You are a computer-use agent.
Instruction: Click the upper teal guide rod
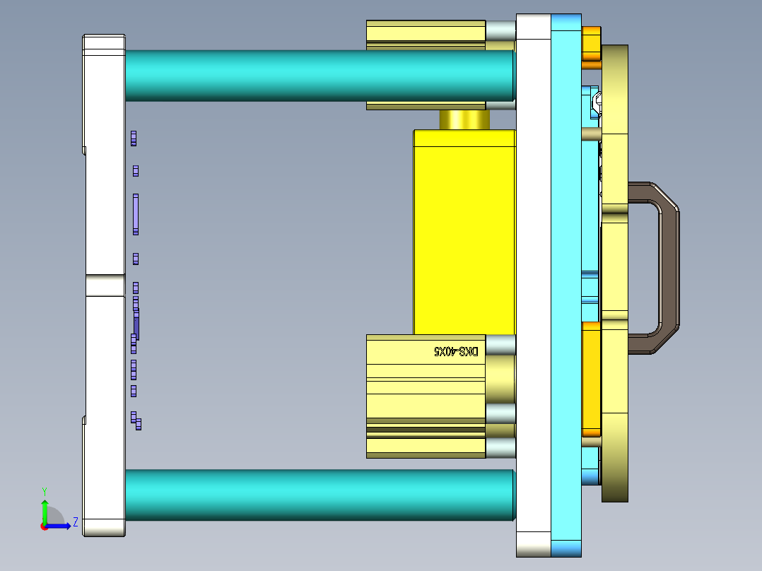point(318,76)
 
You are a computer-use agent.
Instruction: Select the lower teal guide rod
point(318,495)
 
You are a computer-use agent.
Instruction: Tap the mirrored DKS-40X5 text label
point(456,351)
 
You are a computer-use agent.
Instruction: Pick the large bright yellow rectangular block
point(464,233)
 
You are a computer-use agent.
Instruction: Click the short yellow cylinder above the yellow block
point(464,119)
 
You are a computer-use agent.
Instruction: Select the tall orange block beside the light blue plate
point(591,378)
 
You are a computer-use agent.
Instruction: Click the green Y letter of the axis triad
point(44,490)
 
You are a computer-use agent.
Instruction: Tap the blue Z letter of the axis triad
point(75,523)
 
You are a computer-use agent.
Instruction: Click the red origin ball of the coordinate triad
point(44,526)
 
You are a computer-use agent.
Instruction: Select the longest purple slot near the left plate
point(136,214)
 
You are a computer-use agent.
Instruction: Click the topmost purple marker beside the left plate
point(134,138)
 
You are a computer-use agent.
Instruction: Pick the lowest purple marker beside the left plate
point(138,424)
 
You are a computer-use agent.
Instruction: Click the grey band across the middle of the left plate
point(105,285)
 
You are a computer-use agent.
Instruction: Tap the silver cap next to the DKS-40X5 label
point(500,346)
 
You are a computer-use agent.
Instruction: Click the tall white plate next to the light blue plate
point(533,283)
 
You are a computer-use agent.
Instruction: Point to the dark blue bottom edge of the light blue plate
point(566,548)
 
